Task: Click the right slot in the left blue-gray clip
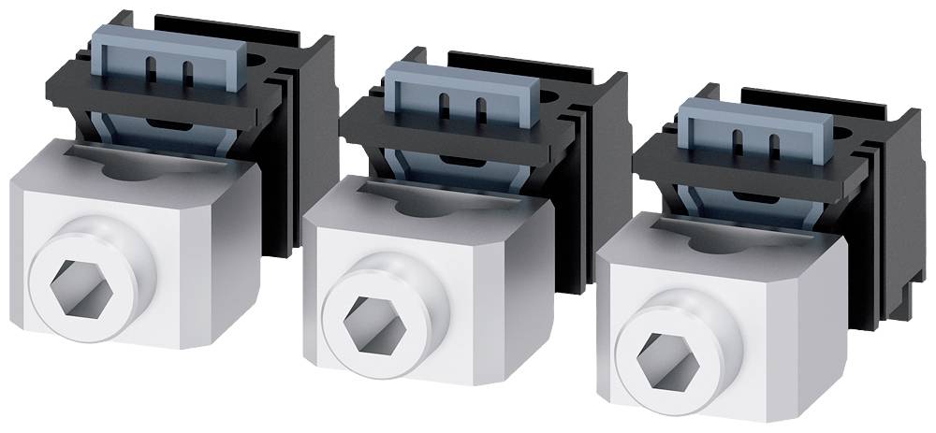[x=188, y=69]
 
